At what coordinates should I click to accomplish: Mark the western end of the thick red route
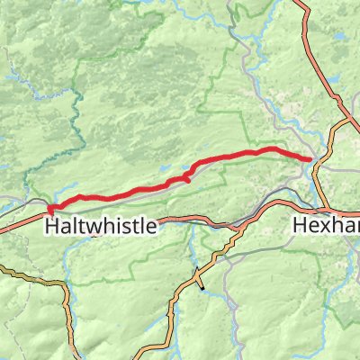[49, 211]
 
